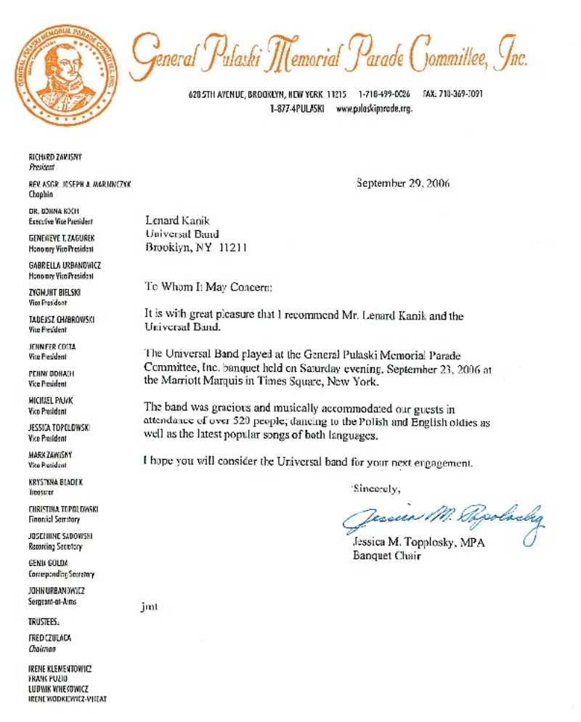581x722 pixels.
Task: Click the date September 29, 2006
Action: tap(402, 183)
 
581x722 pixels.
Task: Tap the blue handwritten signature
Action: tap(444, 517)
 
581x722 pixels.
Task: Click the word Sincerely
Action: tap(376, 487)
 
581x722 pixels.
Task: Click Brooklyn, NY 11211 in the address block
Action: tap(197, 247)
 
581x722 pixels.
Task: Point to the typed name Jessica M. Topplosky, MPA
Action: tap(416, 543)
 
